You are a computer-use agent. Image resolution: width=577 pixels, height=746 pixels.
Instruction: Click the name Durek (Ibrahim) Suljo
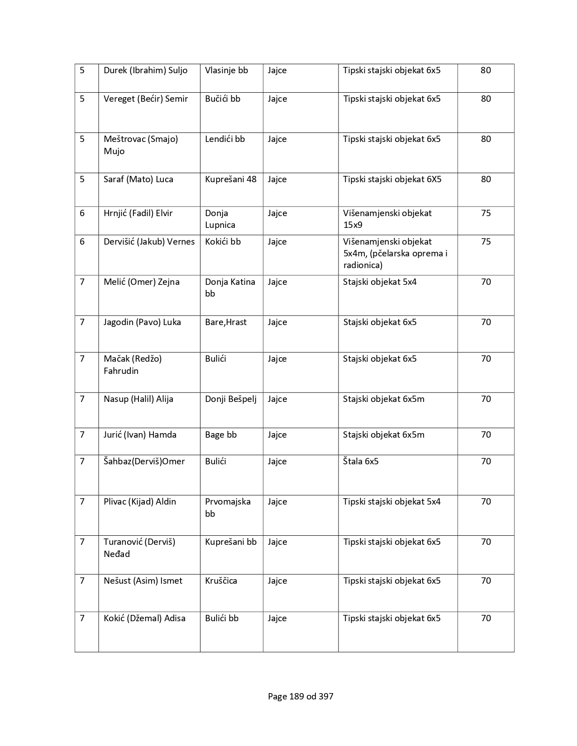(x=145, y=71)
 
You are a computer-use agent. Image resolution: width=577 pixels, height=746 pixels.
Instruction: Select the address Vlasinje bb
(x=226, y=71)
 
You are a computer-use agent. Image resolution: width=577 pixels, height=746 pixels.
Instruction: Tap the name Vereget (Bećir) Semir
(x=145, y=99)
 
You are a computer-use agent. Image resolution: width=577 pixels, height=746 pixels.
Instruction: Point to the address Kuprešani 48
(x=230, y=179)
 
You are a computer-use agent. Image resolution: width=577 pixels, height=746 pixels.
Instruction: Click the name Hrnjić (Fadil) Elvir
(x=138, y=213)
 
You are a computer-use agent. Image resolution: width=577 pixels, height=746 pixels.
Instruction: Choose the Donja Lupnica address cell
(x=220, y=219)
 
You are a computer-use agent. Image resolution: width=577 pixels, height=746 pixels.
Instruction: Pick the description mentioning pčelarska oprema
(x=395, y=254)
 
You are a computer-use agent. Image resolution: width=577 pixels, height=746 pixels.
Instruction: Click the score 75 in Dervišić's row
(x=486, y=242)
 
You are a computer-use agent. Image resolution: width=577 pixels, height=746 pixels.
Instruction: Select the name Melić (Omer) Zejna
(x=141, y=282)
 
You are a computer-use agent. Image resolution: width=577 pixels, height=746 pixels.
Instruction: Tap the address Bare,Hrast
(x=225, y=322)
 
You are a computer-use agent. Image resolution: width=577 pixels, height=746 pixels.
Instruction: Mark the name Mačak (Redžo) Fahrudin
(x=133, y=365)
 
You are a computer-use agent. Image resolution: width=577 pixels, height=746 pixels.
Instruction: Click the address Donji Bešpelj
(x=230, y=399)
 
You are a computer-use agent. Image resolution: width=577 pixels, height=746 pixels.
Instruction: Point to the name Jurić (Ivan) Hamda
(x=140, y=435)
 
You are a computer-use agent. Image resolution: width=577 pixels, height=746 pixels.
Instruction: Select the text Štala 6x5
(x=361, y=462)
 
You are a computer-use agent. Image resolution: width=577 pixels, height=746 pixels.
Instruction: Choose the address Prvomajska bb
(x=228, y=508)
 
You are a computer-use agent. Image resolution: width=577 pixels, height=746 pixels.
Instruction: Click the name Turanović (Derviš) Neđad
(x=139, y=548)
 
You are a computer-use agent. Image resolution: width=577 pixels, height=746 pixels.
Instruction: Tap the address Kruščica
(x=221, y=581)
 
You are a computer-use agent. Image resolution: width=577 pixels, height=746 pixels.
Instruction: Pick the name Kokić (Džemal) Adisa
(x=144, y=619)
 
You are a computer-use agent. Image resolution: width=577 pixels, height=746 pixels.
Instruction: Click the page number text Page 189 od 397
(x=300, y=697)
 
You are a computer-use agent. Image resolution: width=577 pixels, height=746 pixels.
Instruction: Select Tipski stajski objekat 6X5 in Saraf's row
(x=392, y=179)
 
